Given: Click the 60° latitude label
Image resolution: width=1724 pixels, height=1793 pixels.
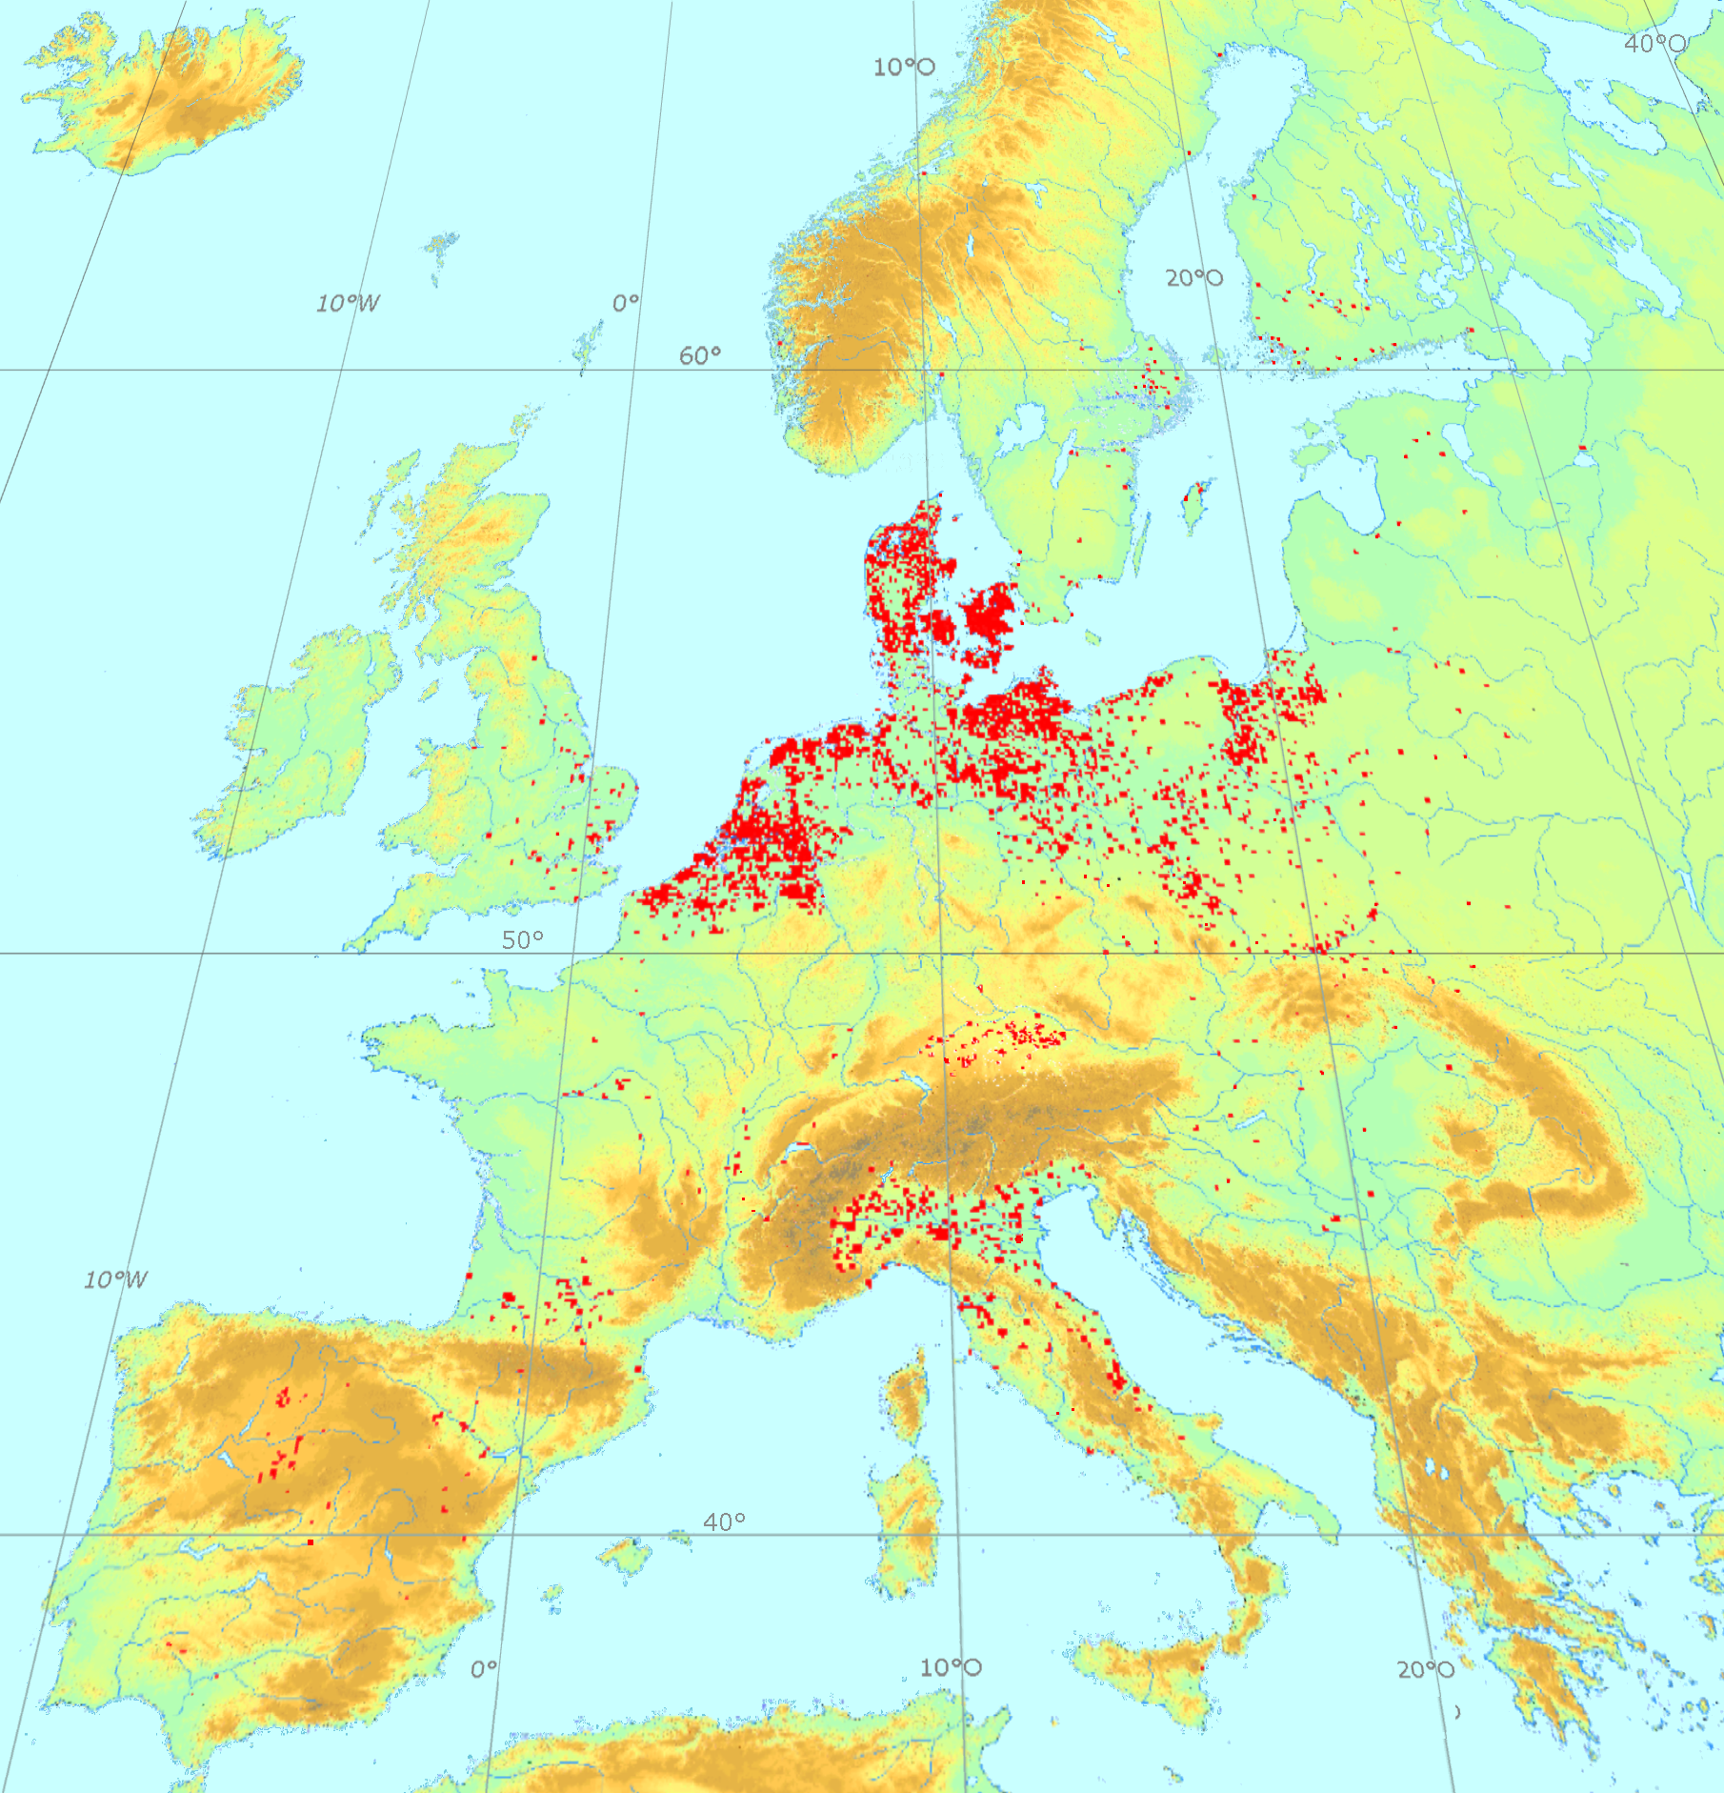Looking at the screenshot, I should click(x=699, y=355).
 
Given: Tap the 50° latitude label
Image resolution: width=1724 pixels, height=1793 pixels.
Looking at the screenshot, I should click(x=523, y=939).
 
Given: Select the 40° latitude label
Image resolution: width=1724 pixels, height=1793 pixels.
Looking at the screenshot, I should click(x=724, y=1521).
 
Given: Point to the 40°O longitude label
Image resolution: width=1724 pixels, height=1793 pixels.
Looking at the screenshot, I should click(x=1655, y=43).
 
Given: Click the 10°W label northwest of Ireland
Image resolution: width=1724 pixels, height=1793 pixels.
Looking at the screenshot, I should click(x=348, y=303).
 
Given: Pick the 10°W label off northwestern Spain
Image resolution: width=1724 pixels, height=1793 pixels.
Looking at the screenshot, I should click(x=115, y=1279).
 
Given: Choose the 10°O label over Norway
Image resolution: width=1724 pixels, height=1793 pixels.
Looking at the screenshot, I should click(x=904, y=67).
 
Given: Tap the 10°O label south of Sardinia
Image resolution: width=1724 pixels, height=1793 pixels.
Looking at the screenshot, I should click(x=950, y=1667).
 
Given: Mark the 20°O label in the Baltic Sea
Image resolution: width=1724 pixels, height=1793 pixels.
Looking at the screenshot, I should click(x=1194, y=278).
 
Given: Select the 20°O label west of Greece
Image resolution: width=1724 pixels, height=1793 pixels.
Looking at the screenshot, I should click(x=1426, y=1669).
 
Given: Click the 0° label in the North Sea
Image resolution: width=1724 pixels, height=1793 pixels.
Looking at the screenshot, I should click(x=626, y=303).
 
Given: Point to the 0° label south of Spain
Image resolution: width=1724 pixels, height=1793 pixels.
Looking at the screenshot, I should click(x=484, y=1668).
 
